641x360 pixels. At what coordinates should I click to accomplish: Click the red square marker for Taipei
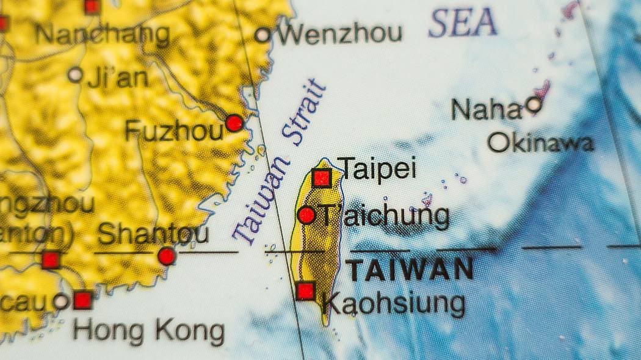322,178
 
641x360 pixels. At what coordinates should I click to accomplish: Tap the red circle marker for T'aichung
306,215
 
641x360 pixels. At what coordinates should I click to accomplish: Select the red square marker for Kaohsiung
305,291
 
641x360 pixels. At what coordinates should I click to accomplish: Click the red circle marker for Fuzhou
234,123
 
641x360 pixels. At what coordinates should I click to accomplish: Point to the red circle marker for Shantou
167,256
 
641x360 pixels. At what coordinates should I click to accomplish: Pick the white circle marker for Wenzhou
263,35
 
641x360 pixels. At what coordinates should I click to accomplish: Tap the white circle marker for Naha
534,104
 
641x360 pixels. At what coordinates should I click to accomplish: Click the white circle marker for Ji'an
75,75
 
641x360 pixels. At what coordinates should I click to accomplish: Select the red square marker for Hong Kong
82,300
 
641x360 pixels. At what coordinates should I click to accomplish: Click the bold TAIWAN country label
410,270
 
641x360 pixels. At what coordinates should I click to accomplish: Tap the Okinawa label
541,143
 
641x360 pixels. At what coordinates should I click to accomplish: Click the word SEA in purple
462,24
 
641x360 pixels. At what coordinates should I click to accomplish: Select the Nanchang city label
102,35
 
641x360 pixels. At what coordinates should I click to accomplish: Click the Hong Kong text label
148,331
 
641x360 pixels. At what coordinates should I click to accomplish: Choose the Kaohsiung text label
393,303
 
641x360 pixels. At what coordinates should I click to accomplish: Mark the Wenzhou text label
341,34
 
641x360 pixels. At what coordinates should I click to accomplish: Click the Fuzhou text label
173,131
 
